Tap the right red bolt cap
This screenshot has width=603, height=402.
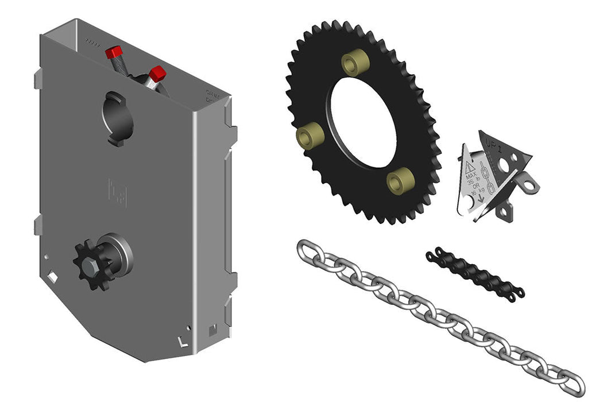point(157,74)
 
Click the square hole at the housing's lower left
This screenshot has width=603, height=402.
point(52,277)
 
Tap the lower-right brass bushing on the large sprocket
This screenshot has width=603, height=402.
point(400,180)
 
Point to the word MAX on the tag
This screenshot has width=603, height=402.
point(471,176)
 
